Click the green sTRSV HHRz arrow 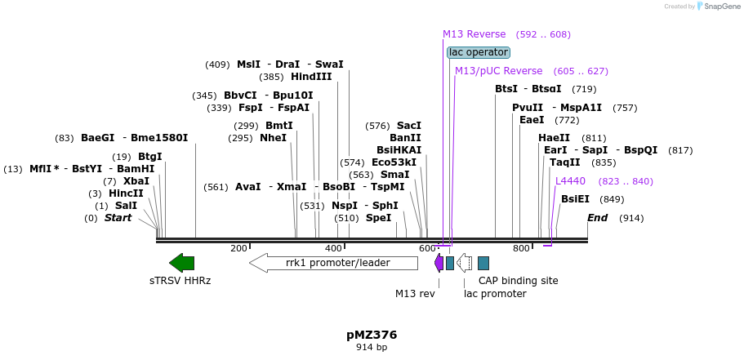tap(181, 262)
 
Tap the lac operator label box tap(479, 52)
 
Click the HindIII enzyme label tap(311, 77)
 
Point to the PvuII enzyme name tap(528, 108)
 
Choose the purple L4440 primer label tap(570, 181)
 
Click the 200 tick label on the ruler tap(238, 248)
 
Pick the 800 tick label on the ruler tap(521, 248)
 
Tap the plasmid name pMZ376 tap(372, 335)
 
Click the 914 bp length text tap(372, 348)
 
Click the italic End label tap(597, 218)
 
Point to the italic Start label tap(118, 218)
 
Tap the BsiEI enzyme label tap(575, 199)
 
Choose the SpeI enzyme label tap(378, 218)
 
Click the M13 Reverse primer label tap(474, 34)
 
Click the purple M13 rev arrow tap(439, 262)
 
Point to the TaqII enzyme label tap(565, 162)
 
